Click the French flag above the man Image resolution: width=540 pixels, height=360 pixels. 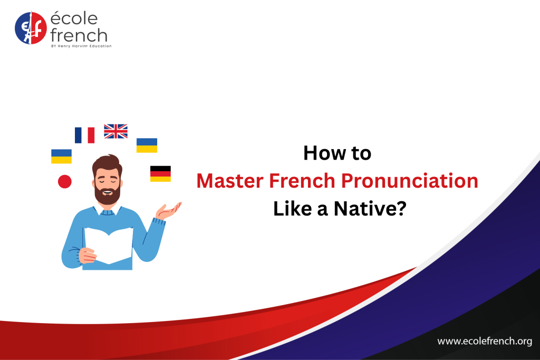85,135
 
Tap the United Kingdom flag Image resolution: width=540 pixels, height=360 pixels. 115,131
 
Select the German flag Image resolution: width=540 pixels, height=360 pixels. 160,174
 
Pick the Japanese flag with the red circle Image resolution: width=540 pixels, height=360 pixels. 65,181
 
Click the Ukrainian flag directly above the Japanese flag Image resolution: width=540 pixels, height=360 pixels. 61,156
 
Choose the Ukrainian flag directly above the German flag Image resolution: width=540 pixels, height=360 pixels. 147,145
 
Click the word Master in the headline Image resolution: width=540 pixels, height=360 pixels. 230,181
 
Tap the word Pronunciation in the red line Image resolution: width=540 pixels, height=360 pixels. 409,181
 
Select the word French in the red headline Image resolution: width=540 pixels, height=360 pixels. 302,181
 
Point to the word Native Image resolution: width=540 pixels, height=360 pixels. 370,209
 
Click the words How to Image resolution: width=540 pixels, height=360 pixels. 337,153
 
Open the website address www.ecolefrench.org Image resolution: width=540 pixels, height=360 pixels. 485,341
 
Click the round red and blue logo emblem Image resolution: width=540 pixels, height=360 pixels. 31,28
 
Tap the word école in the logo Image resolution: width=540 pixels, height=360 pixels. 74,18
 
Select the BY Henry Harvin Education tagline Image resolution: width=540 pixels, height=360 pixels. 81,46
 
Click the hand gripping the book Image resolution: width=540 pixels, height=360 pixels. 87,256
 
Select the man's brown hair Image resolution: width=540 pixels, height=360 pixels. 107,164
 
